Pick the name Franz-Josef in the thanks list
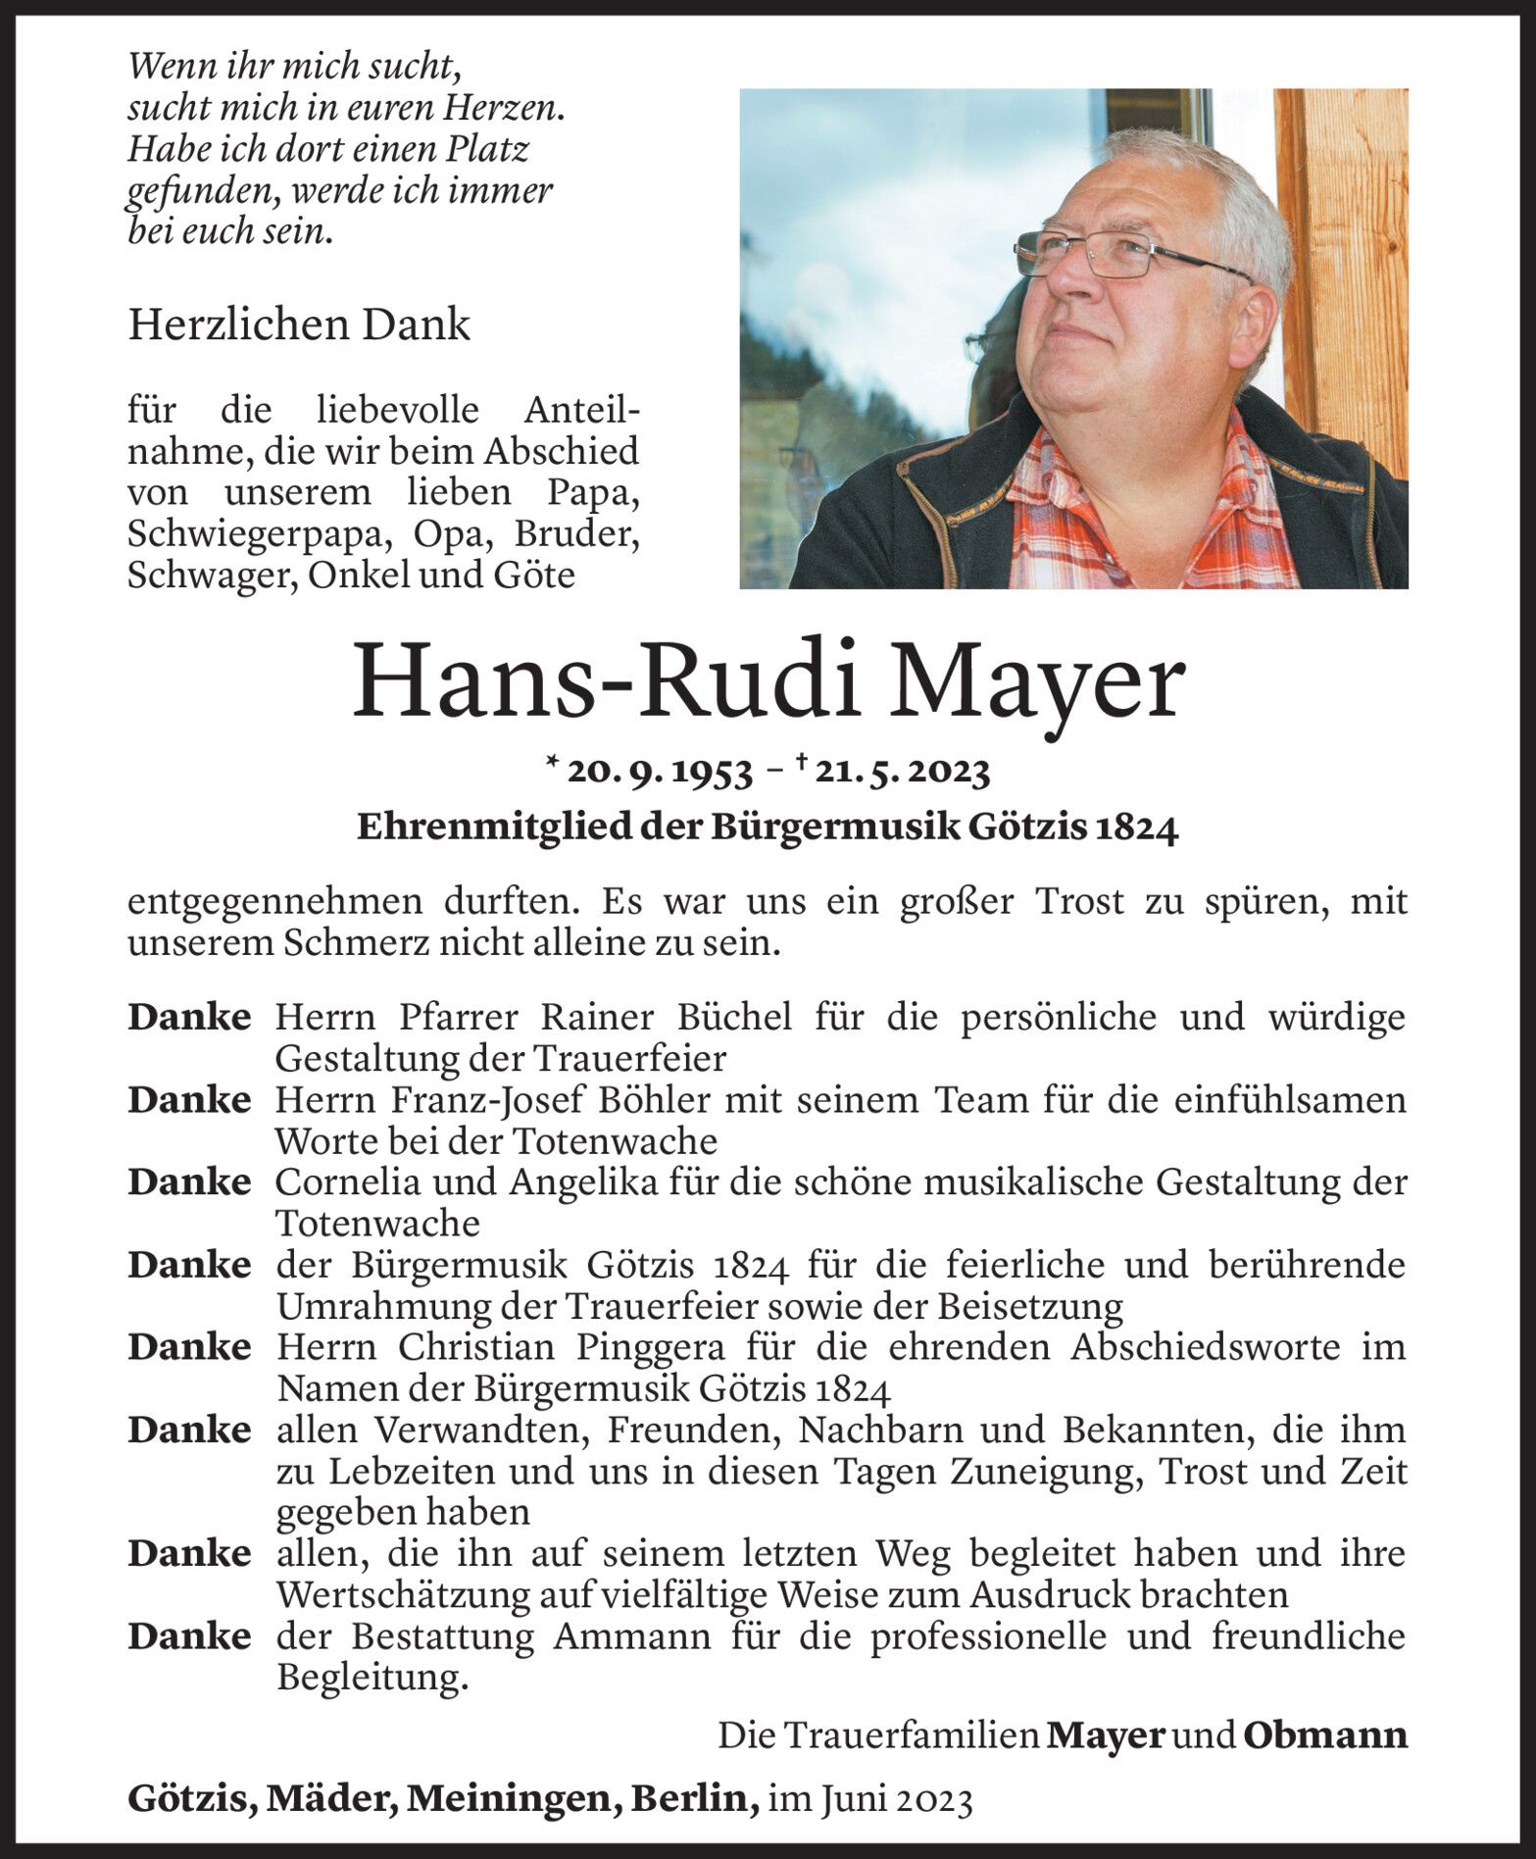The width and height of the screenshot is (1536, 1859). [x=473, y=1101]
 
